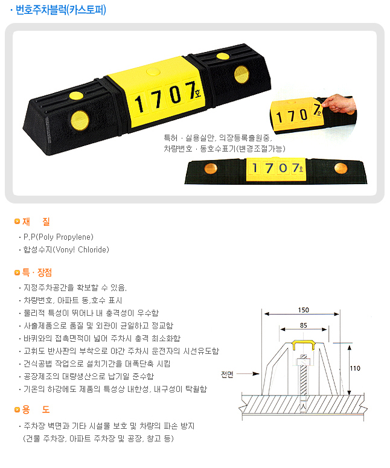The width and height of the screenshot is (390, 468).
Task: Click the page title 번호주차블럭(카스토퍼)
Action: [x=60, y=10]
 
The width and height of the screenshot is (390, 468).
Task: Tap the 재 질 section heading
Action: [x=36, y=222]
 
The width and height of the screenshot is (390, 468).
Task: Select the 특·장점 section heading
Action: [x=37, y=272]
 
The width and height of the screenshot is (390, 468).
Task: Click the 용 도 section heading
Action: [x=36, y=409]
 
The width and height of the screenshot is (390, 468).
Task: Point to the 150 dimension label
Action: [x=303, y=310]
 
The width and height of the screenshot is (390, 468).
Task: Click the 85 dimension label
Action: [x=304, y=325]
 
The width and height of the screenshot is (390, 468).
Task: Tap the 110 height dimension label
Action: [x=355, y=368]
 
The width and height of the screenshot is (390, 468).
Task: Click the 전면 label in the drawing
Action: [x=227, y=374]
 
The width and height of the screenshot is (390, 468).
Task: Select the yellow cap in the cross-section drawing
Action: [x=304, y=344]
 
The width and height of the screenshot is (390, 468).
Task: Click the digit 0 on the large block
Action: [x=176, y=95]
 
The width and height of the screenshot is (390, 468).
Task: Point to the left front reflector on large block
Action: [x=80, y=120]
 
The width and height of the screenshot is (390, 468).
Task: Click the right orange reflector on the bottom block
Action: [x=340, y=168]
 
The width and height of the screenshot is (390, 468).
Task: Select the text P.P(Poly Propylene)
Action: [x=59, y=237]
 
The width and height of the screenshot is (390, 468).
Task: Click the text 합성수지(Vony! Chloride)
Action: [x=66, y=249]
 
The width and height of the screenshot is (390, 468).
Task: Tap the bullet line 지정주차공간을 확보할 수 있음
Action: [x=75, y=287]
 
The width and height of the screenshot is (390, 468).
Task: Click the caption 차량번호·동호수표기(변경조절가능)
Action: [x=225, y=149]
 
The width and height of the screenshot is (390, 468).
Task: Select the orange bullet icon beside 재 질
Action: [x=17, y=221]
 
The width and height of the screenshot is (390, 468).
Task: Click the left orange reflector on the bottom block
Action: [x=211, y=168]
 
